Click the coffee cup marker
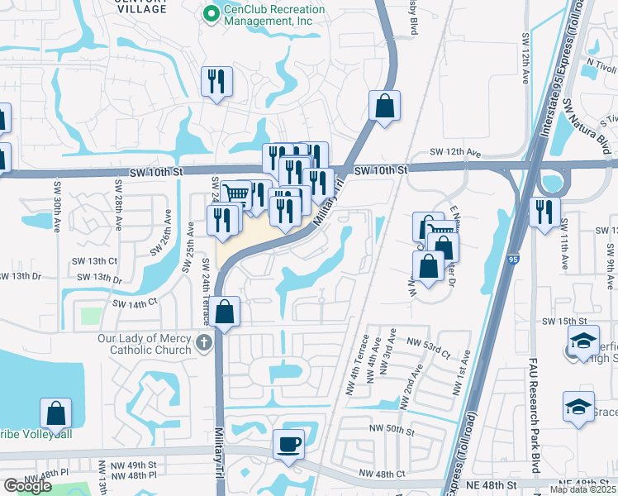[288, 444]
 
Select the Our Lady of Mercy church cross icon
[204, 341]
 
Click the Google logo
[27, 486]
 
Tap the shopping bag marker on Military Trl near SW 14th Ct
[224, 312]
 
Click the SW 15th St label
[563, 320]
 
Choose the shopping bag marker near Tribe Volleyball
[55, 413]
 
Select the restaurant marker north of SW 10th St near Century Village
[216, 80]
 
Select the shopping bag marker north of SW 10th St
[384, 106]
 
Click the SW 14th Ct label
[134, 304]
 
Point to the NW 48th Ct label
[383, 474]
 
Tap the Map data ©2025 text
[582, 489]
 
